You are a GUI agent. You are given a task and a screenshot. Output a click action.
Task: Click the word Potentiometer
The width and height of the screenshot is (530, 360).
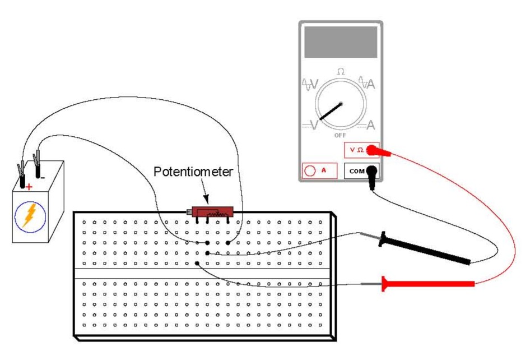point(193,172)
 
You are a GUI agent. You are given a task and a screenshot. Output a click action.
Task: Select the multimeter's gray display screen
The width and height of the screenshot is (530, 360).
point(340,41)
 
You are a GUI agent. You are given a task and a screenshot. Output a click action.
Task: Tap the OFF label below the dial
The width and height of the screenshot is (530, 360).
point(340,135)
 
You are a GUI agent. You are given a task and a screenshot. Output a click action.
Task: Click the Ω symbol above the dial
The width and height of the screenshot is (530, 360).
point(340,71)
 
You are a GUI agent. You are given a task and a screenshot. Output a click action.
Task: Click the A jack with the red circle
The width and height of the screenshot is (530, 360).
point(310,170)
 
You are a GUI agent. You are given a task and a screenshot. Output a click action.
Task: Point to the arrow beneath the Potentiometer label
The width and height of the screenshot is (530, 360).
point(206,197)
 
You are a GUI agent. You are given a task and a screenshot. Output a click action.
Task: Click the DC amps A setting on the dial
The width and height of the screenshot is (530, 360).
point(370,125)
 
